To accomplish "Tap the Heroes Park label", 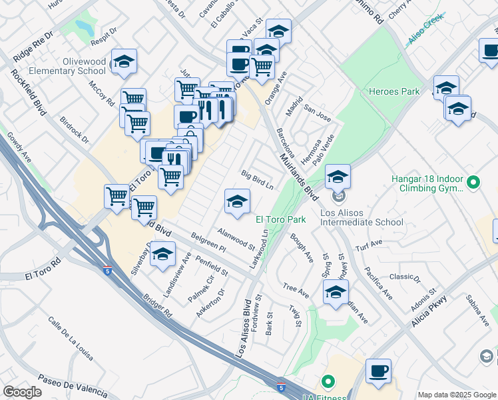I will (x=395, y=91).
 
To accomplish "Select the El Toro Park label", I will (x=281, y=219).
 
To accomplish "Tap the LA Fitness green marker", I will (x=327, y=382).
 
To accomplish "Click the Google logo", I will (x=22, y=392).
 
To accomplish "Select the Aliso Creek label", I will (x=425, y=37).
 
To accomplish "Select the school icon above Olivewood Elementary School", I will (x=124, y=61).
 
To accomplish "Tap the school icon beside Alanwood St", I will (x=237, y=202).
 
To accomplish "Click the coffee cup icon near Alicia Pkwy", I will (x=378, y=371).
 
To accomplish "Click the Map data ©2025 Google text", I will (x=457, y=395).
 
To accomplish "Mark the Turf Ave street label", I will (x=369, y=245).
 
